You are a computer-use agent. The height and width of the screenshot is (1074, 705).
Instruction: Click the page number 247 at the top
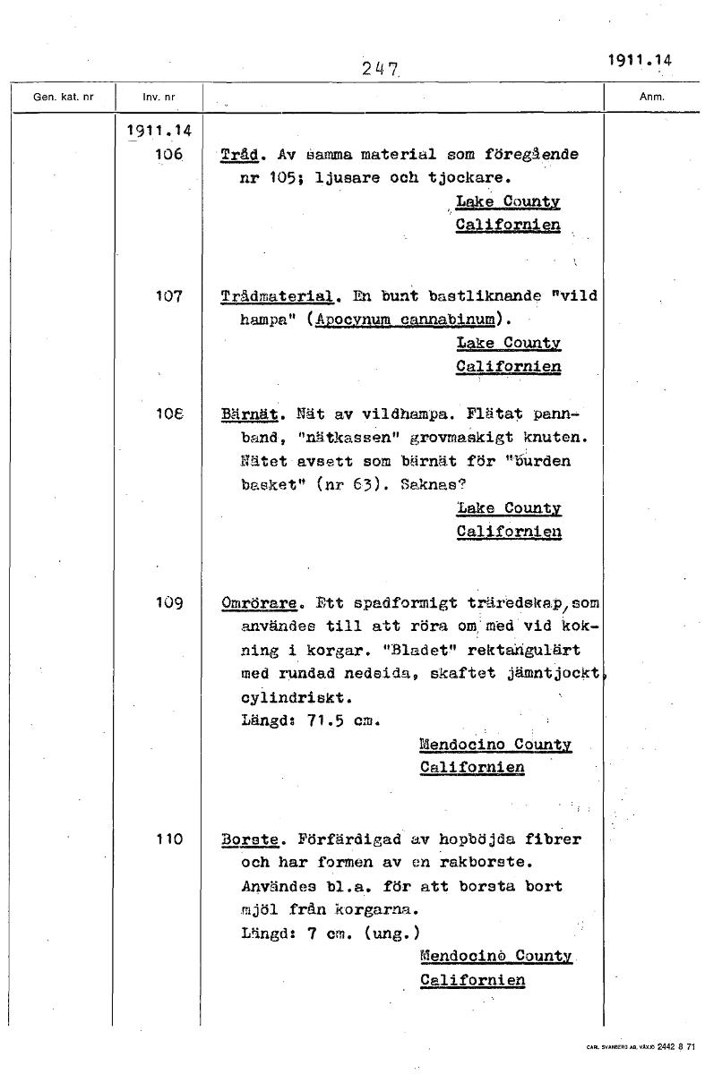tap(380, 68)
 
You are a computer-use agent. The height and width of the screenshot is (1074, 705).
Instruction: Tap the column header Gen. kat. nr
tap(62, 97)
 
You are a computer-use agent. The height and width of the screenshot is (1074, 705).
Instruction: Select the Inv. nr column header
tap(158, 97)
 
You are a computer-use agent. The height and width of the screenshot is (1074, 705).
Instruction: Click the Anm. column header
tap(650, 97)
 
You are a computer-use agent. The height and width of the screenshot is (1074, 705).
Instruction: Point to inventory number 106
tap(168, 155)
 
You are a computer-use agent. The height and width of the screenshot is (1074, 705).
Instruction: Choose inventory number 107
tap(168, 296)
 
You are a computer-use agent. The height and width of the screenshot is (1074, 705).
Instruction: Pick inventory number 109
tap(168, 603)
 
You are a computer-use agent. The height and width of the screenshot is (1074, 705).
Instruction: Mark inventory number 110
tap(168, 840)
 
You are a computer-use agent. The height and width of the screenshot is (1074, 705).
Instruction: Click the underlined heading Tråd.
tap(239, 155)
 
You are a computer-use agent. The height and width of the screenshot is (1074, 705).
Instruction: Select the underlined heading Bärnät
tap(251, 414)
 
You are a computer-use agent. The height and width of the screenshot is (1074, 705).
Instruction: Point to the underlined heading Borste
tap(251, 840)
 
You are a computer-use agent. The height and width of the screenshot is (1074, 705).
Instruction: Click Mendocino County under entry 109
tap(494, 745)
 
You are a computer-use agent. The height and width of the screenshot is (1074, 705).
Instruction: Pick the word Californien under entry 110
tap(472, 980)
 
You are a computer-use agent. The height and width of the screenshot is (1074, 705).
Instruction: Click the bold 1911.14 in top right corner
tap(640, 61)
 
